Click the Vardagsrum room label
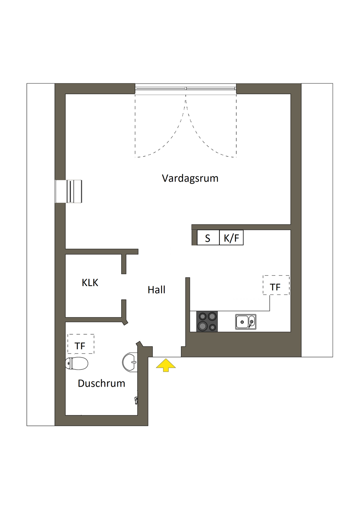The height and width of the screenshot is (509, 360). [190, 178]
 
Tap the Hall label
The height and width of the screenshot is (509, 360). [156, 290]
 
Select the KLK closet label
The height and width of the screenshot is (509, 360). [90, 283]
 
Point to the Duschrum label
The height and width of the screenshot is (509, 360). [101, 383]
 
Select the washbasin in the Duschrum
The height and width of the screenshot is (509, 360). [130, 361]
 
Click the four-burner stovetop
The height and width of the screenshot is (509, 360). [207, 321]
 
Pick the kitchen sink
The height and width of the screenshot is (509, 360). [245, 322]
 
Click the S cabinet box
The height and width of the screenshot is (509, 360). [208, 238]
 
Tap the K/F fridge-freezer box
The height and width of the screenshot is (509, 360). [231, 238]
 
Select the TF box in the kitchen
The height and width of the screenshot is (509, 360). [276, 285]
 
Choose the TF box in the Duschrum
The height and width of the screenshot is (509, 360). [81, 344]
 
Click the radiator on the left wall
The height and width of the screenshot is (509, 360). [69, 191]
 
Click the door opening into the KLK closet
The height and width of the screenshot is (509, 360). [124, 286]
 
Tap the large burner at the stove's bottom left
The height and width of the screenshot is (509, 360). [202, 326]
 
